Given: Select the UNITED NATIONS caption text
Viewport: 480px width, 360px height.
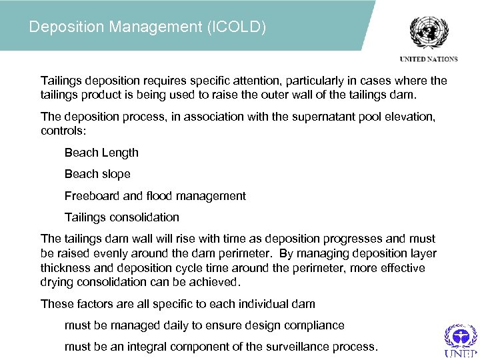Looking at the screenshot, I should (429, 59).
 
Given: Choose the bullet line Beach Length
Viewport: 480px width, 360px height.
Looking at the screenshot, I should (101, 153).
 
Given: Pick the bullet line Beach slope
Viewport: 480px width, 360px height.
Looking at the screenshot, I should (97, 174).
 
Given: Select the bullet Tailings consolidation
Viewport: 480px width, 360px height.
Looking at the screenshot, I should (122, 217).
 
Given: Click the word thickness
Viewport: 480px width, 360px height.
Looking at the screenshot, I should (67, 268).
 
